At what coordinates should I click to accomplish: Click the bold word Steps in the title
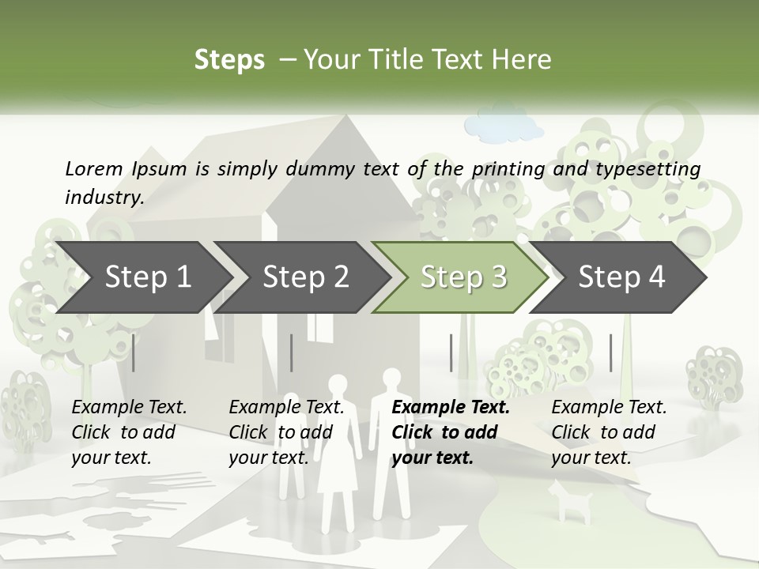pos(229,60)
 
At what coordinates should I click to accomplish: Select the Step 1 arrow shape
pos(142,277)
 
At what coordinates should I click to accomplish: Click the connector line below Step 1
pos(133,352)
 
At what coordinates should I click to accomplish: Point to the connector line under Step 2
pos(292,352)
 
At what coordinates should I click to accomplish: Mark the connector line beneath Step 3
pos(451,352)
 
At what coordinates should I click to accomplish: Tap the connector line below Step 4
pos(610,352)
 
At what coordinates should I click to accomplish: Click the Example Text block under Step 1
pos(129,432)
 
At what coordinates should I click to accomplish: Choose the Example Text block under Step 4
pos(609,432)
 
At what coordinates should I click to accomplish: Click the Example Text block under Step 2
pos(286,432)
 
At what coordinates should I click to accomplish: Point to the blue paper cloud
pos(503,127)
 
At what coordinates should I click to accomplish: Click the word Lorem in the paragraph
pos(94,168)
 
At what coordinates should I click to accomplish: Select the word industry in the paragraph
pos(104,197)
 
